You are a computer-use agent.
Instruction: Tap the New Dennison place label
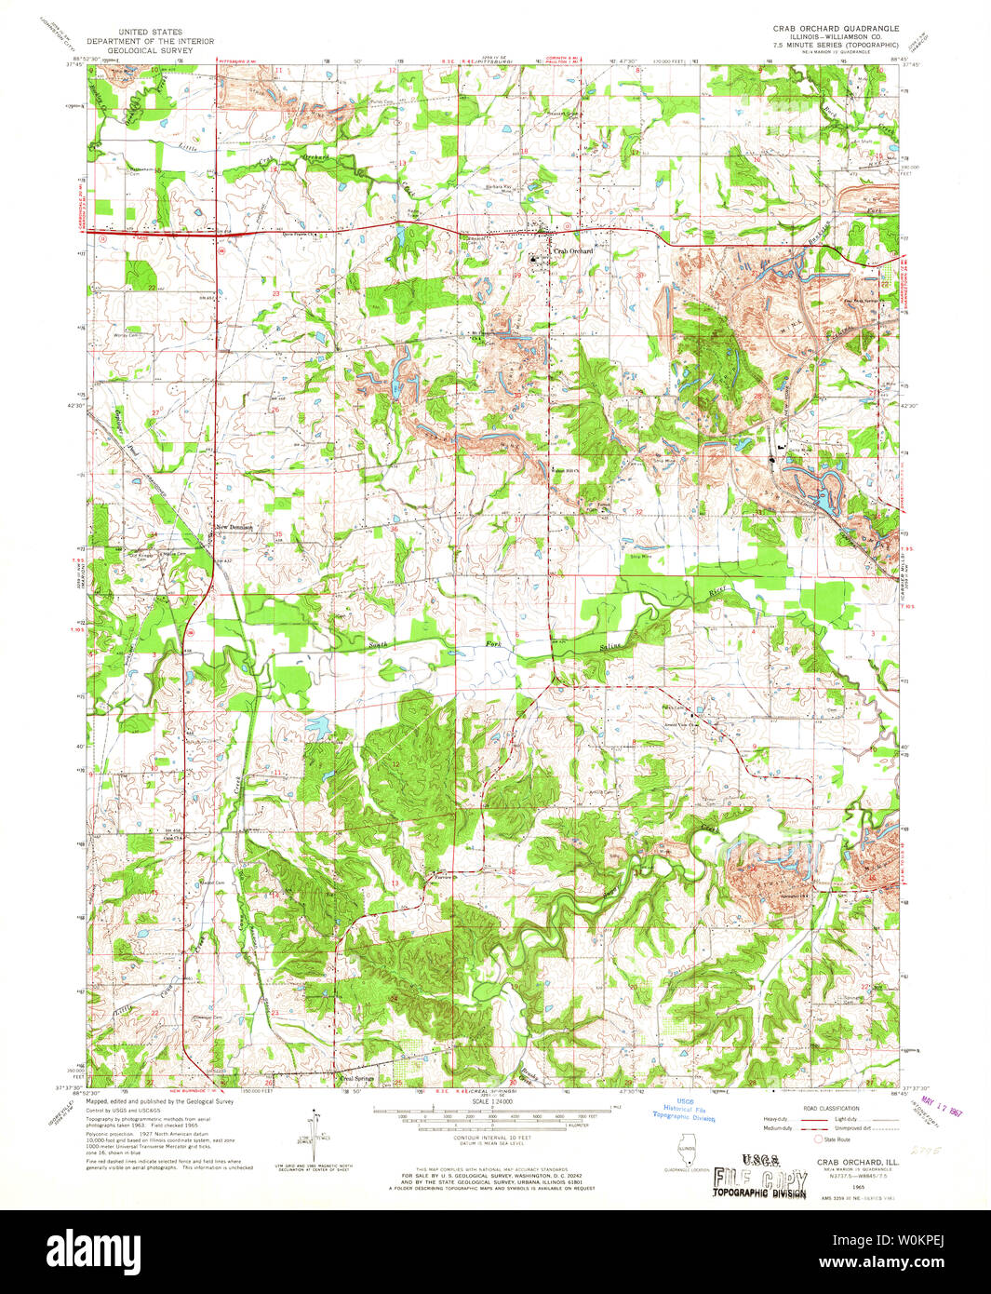pyautogui.click(x=236, y=528)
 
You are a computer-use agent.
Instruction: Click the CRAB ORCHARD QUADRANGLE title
pyautogui.click(x=835, y=29)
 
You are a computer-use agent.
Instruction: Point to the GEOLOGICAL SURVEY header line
pyautogui.click(x=150, y=50)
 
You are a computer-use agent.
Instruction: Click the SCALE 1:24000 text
pyautogui.click(x=493, y=1101)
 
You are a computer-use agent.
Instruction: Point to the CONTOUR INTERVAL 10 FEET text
pyautogui.click(x=492, y=1138)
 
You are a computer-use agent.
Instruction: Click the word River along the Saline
pyautogui.click(x=716, y=592)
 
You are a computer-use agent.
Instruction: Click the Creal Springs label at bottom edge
pyautogui.click(x=357, y=1080)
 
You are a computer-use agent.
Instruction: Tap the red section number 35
pyautogui.click(x=278, y=534)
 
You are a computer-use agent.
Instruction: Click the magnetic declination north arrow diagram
pyautogui.click(x=318, y=1131)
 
